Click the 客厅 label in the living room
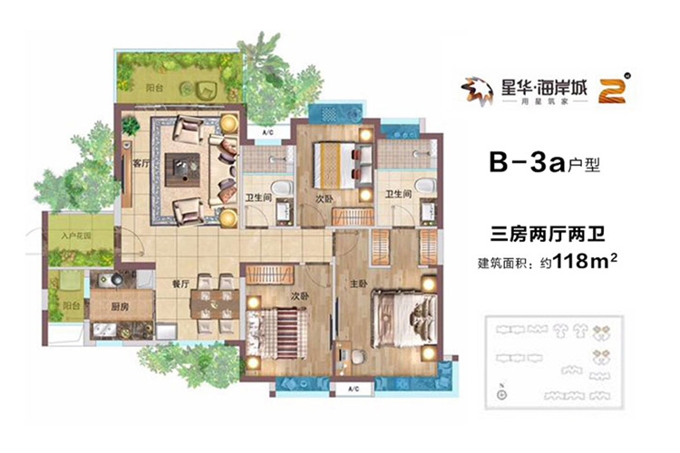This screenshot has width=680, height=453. click(140, 165)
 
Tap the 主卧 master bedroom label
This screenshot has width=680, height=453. click(357, 283)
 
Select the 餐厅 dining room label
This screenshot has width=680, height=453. click(178, 284)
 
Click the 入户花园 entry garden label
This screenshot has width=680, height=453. click(73, 237)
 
